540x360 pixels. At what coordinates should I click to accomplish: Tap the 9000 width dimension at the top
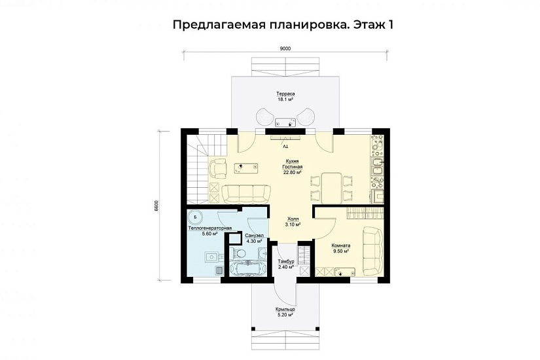pos(285,48)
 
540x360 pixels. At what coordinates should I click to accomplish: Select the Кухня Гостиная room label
pos(293,166)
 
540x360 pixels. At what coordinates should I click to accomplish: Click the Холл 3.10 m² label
pos(293,221)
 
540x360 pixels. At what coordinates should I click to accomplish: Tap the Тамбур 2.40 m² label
pos(285,264)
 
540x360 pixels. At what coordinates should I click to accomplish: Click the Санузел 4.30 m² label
pos(254,238)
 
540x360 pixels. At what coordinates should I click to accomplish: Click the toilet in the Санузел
pos(240,253)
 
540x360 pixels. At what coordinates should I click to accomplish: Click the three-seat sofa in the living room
pos(246,192)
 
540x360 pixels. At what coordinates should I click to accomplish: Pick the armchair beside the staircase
pos(218,169)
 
